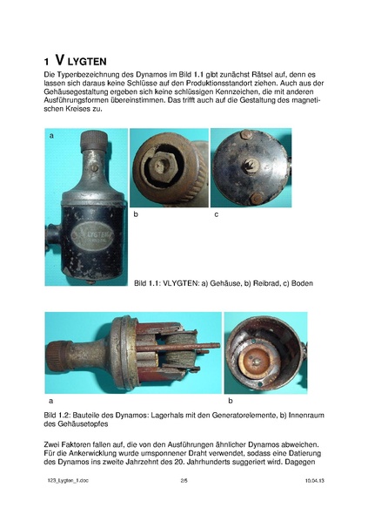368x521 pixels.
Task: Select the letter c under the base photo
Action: click(216, 213)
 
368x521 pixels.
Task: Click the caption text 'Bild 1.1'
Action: click(149, 283)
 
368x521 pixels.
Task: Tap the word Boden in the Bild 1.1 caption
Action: click(300, 283)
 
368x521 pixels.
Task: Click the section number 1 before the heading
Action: click(47, 62)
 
